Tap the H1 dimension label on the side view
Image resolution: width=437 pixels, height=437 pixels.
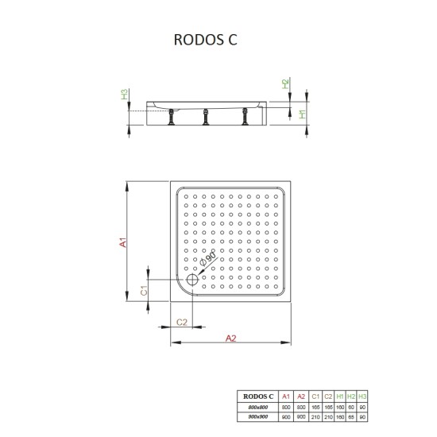(285, 114)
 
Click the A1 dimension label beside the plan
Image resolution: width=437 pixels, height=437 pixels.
(124, 241)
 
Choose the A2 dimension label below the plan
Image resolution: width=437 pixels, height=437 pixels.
(230, 338)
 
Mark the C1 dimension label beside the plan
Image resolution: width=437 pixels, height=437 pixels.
(143, 291)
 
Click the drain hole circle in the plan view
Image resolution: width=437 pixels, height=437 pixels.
(193, 279)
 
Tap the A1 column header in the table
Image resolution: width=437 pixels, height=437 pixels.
(286, 395)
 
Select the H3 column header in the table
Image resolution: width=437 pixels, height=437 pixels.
(363, 395)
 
